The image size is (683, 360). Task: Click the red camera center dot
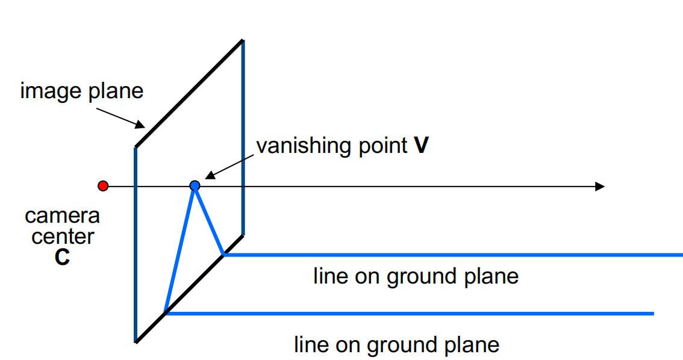103,186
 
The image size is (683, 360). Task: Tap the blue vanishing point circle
195,186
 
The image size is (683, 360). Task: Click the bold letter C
61,257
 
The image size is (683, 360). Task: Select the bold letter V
421,146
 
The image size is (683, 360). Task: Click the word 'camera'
62,216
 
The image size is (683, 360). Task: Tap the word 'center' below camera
63,236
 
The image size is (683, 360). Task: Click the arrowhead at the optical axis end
599,187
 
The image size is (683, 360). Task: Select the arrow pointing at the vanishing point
229,166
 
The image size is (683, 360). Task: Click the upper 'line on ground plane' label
416,276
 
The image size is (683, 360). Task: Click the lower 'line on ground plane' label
396,345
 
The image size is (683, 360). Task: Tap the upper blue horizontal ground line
452,255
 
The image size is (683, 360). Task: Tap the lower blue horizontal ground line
410,313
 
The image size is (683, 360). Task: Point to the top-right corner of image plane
243,40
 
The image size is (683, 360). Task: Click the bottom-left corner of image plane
136,341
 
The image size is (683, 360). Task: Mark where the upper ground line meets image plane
223,255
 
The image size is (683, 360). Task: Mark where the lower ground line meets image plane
165,313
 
